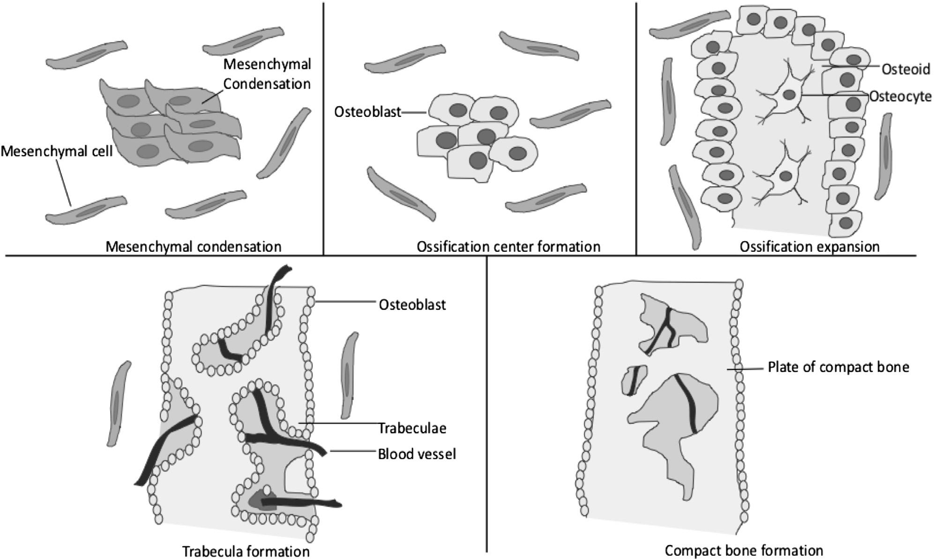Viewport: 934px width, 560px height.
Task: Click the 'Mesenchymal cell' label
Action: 57,151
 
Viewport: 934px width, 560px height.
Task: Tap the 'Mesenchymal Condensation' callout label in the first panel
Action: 267,74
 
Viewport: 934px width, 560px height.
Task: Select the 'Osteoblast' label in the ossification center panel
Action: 367,112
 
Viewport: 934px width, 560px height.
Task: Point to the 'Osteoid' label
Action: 905,69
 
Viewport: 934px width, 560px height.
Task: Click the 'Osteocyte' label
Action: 900,97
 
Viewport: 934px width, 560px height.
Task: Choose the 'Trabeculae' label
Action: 412,428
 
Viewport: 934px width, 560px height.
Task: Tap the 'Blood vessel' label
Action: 417,454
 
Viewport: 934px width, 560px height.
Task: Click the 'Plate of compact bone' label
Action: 838,367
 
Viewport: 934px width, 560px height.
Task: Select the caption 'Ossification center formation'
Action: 508,247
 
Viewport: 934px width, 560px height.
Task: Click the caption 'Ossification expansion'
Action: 809,247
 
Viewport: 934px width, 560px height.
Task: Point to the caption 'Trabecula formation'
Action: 246,551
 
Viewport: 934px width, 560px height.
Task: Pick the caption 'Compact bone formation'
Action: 744,550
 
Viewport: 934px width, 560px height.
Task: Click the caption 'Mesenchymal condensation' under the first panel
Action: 193,247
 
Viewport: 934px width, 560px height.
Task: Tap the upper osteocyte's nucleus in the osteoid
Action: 789,95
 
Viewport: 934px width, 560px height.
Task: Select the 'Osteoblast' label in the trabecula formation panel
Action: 412,305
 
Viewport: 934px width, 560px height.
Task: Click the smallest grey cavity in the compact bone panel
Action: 634,380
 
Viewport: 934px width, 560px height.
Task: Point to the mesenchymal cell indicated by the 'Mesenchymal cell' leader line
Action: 87,210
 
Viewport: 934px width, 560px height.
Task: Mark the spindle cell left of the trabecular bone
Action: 118,403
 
